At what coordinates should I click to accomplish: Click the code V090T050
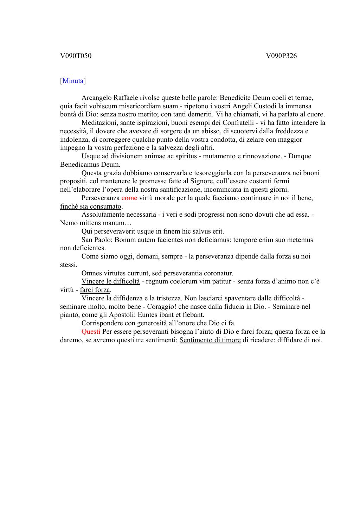click(x=76, y=56)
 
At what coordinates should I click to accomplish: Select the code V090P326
click(x=281, y=56)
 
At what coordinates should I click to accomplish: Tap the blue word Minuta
click(x=73, y=81)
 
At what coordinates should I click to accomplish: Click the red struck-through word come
click(x=129, y=198)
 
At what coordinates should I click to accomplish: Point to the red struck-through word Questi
click(x=91, y=332)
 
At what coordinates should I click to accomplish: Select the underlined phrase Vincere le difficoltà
click(x=110, y=281)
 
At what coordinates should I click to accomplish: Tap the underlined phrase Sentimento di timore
click(x=210, y=340)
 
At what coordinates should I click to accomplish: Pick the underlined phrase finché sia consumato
click(x=91, y=206)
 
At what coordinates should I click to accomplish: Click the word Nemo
click(x=68, y=223)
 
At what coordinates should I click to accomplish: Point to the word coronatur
click(x=216, y=273)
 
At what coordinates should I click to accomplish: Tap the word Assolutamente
click(x=104, y=215)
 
